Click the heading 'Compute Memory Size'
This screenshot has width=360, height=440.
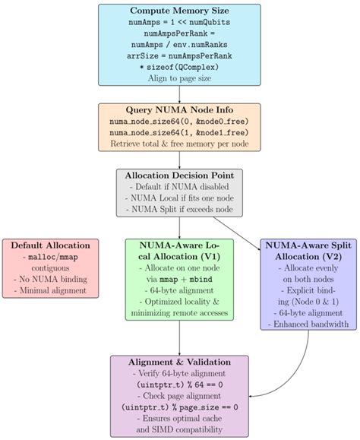[x=179, y=11]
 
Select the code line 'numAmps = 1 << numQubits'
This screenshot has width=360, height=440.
[x=179, y=24]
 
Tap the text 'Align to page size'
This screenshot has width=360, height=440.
[x=179, y=78]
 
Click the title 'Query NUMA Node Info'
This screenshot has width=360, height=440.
[x=179, y=110]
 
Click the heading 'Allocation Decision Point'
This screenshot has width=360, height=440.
[x=179, y=176]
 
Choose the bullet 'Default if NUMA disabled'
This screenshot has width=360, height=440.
[x=179, y=186]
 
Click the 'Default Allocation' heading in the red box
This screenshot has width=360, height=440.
[x=50, y=246]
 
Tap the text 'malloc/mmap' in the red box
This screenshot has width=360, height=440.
[x=50, y=258]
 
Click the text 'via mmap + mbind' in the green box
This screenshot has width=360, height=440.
[x=179, y=279]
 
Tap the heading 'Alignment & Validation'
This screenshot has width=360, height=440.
[x=179, y=362]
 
